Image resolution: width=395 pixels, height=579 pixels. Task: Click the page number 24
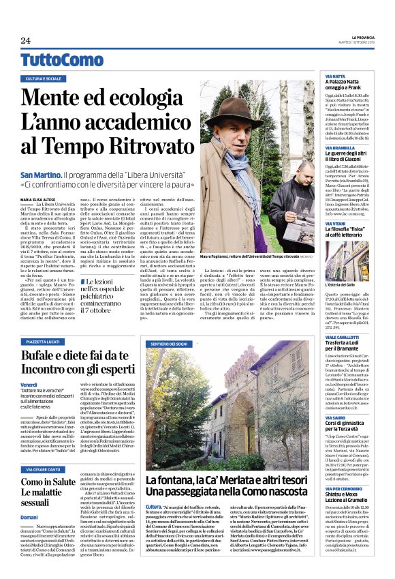point(26,41)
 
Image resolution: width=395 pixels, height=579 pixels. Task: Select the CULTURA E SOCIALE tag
point(44,79)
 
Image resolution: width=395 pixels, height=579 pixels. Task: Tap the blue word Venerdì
point(29,385)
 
